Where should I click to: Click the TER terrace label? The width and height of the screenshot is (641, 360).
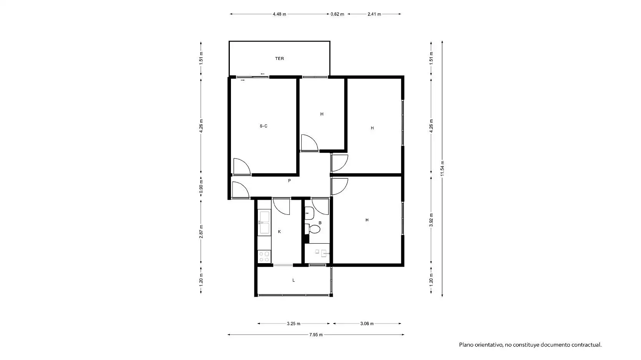click(279, 59)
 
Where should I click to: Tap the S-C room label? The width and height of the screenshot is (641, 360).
click(263, 126)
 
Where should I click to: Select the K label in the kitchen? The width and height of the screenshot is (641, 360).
click(279, 232)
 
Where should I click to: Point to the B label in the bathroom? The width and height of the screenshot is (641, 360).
click(320, 223)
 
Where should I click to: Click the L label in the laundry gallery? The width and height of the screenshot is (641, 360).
click(294, 280)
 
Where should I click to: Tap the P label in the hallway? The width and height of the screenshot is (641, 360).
click(289, 181)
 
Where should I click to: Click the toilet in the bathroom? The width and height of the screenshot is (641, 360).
click(312, 229)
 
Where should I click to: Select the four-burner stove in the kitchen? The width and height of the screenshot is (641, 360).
click(264, 256)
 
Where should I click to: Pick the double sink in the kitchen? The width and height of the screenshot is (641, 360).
click(264, 222)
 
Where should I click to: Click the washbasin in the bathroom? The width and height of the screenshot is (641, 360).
click(309, 213)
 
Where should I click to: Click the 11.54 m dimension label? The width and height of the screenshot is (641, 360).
click(442, 169)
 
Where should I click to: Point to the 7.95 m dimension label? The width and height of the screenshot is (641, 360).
click(316, 335)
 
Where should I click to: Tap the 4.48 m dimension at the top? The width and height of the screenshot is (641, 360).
click(279, 14)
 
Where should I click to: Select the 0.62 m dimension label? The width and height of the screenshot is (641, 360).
click(337, 14)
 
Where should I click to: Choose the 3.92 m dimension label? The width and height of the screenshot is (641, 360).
click(431, 220)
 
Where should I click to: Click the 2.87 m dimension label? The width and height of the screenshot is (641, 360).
click(201, 232)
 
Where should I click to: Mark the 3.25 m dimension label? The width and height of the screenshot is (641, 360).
click(294, 324)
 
